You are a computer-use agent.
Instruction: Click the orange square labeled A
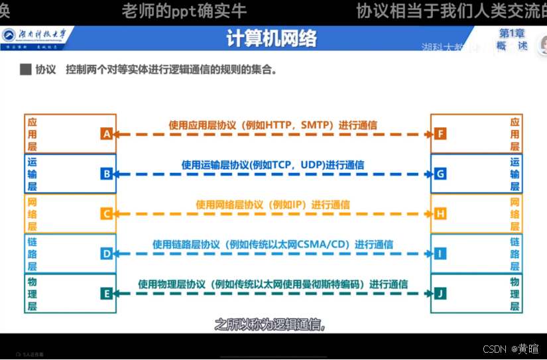(106, 134)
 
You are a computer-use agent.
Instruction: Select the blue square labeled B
(106, 174)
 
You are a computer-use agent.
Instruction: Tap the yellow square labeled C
(106, 213)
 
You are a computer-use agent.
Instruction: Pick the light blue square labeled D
(106, 253)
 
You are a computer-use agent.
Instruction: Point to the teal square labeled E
(106, 292)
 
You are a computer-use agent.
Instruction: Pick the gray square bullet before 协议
(26, 68)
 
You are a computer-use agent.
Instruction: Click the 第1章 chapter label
(512, 32)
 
